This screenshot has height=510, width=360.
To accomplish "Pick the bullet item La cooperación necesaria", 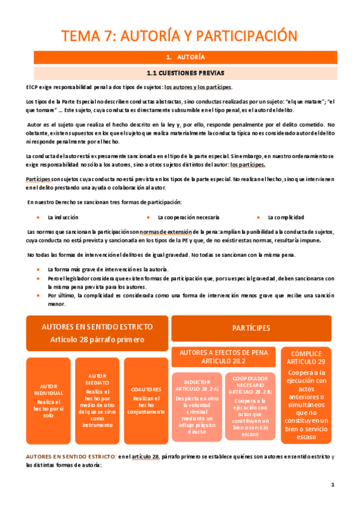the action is point(188,217).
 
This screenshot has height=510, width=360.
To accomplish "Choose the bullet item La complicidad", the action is point(285,217).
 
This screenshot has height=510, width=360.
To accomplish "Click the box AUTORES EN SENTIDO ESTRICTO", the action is point(97,332).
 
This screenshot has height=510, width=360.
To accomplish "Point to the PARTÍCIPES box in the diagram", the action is point(251,328).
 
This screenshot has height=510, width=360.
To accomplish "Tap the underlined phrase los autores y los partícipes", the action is point(198,87).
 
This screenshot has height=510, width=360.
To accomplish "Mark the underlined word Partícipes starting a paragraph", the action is point(38,180).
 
